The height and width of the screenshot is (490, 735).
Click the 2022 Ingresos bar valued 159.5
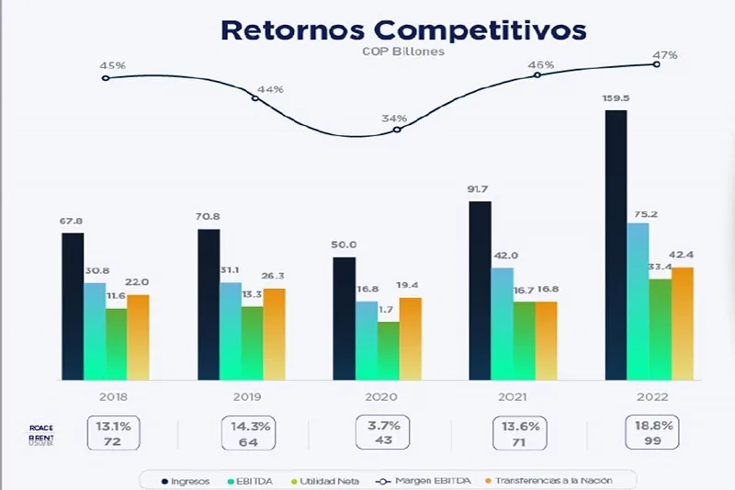click(x=616, y=245)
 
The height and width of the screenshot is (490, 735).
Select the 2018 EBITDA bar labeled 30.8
click(x=95, y=331)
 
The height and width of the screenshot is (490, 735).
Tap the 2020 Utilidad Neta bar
click(x=389, y=350)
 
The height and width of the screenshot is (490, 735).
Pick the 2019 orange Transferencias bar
click(x=274, y=334)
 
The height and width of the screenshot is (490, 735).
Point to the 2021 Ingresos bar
click(x=480, y=290)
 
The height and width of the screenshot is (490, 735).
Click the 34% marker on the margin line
click(x=397, y=130)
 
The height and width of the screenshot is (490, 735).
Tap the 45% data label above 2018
click(x=112, y=66)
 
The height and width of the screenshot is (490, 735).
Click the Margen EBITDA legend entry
click(x=426, y=481)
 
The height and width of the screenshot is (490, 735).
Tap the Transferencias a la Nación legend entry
click(x=556, y=481)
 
